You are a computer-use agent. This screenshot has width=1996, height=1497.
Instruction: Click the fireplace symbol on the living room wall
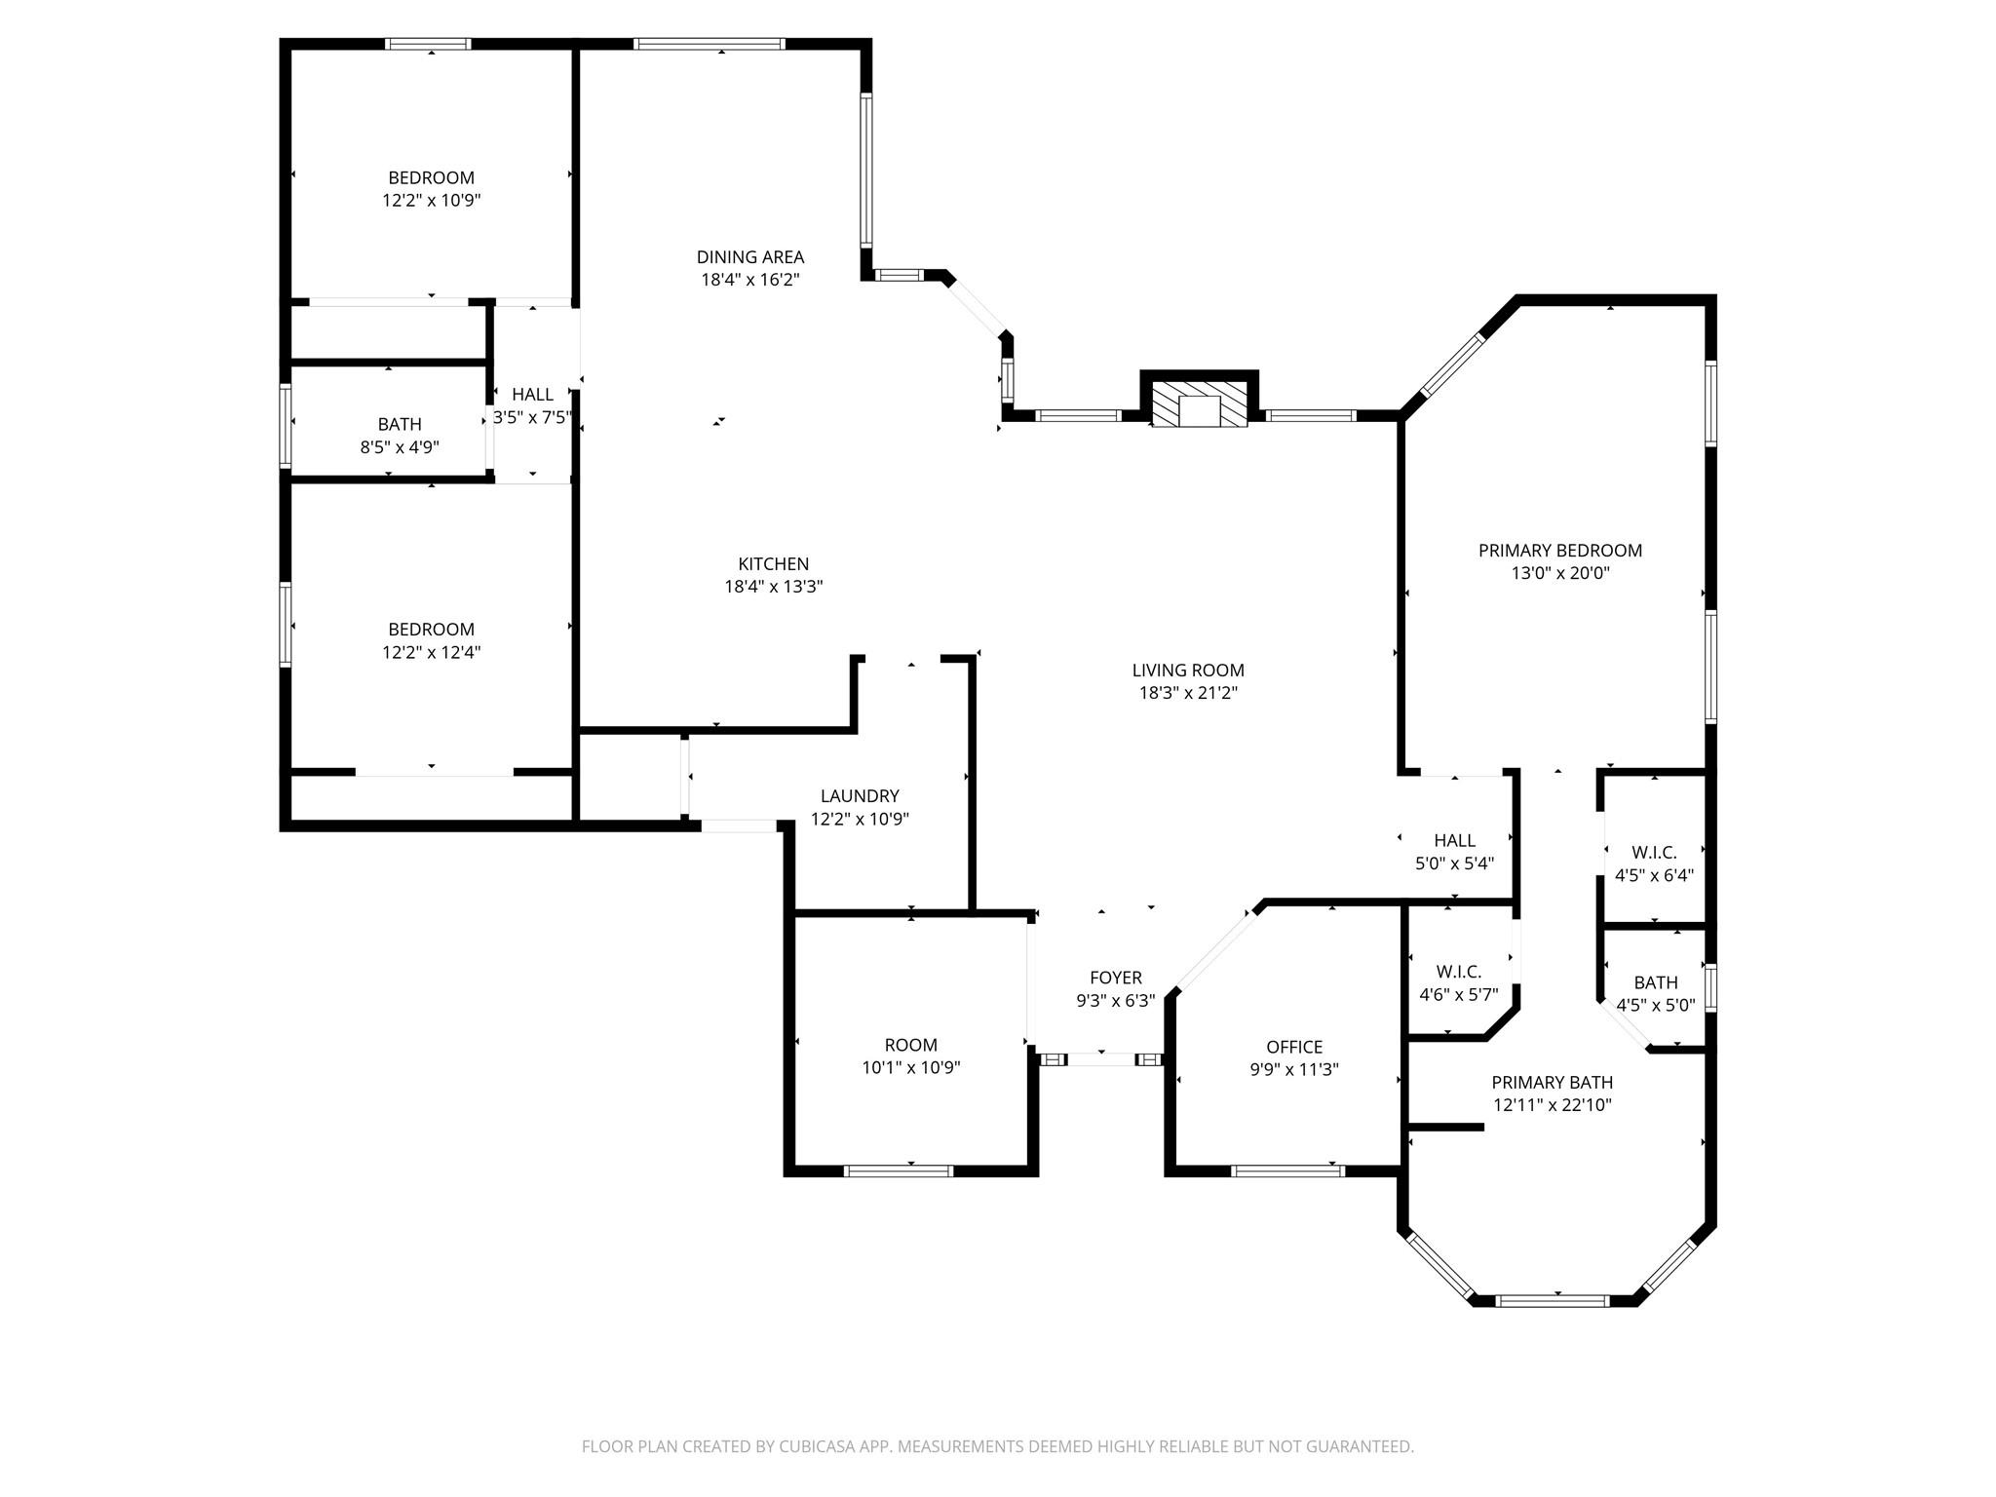click(x=1199, y=403)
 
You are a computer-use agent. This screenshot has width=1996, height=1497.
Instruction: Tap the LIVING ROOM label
click(x=1187, y=671)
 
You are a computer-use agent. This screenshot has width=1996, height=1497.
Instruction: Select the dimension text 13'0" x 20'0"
click(x=1559, y=573)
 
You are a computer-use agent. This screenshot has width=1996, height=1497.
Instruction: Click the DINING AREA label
click(x=749, y=257)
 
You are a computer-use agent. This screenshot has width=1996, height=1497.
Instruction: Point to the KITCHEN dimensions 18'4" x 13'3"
click(x=773, y=587)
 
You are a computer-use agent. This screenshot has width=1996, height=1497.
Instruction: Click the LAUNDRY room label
click(x=859, y=796)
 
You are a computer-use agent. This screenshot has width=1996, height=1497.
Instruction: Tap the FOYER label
click(x=1115, y=978)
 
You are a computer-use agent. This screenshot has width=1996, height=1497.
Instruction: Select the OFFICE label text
click(x=1293, y=1047)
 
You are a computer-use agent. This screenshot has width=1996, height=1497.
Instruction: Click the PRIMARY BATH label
click(x=1552, y=1083)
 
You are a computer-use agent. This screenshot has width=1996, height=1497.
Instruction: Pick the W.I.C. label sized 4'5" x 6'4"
click(x=1654, y=853)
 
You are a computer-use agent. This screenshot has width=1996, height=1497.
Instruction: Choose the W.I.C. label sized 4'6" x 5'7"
click(x=1458, y=972)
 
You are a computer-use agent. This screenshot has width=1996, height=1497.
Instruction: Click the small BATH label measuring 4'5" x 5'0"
click(x=1656, y=982)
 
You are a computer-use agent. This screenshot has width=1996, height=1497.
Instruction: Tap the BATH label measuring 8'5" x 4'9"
click(x=400, y=424)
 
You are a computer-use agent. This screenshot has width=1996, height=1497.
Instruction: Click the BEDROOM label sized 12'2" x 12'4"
click(x=431, y=630)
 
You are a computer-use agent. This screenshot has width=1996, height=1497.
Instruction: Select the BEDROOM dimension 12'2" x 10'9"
click(x=431, y=201)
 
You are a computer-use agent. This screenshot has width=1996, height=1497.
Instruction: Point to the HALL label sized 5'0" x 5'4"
click(x=1454, y=840)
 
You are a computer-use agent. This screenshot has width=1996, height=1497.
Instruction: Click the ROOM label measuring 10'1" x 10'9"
click(x=910, y=1045)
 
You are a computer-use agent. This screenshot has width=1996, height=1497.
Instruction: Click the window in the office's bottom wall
click(x=1287, y=1171)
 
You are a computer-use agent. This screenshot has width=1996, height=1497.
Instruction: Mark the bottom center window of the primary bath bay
click(x=1552, y=1300)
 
